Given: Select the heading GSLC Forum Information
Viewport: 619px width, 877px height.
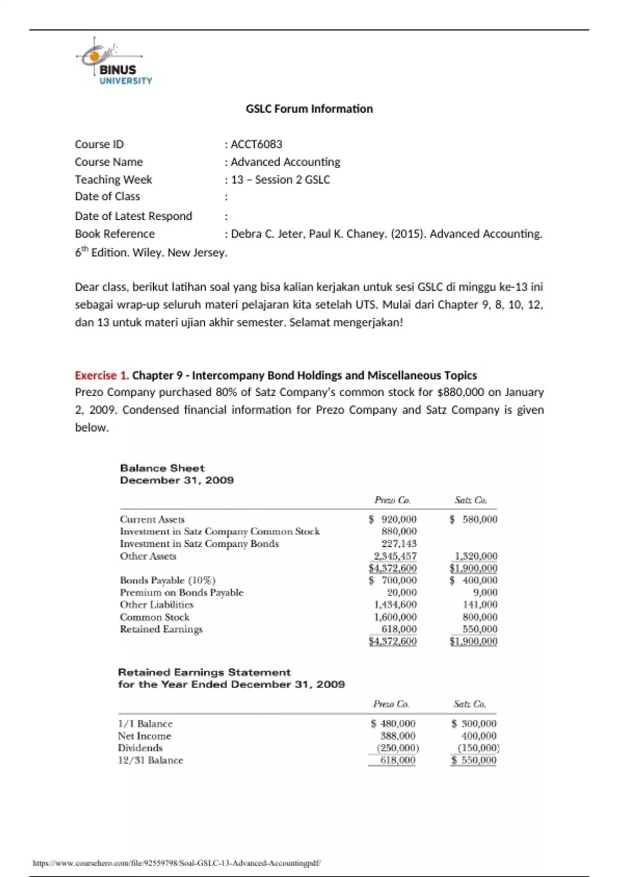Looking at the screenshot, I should click(x=309, y=109).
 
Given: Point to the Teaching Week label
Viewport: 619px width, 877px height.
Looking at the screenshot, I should click(x=113, y=180).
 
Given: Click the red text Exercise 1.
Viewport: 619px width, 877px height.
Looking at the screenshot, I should click(x=102, y=376).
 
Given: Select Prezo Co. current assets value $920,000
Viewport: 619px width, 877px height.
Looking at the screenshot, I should click(x=393, y=519).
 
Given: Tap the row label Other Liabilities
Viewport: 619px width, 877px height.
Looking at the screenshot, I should click(x=156, y=605).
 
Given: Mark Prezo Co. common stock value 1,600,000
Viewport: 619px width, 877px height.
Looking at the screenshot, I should click(x=395, y=617).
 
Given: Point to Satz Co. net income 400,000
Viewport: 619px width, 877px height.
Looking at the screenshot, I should click(x=479, y=736).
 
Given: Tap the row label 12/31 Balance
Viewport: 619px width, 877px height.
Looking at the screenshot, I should click(x=151, y=760).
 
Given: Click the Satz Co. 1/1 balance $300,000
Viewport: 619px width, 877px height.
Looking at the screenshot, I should click(x=474, y=724).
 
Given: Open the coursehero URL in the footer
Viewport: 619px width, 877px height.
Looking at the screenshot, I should click(x=176, y=863).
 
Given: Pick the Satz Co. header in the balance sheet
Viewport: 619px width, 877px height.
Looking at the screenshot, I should click(x=470, y=500).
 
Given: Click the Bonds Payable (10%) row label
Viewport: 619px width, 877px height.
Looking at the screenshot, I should click(x=168, y=580).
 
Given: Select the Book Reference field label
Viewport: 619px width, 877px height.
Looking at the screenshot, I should click(x=115, y=234).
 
